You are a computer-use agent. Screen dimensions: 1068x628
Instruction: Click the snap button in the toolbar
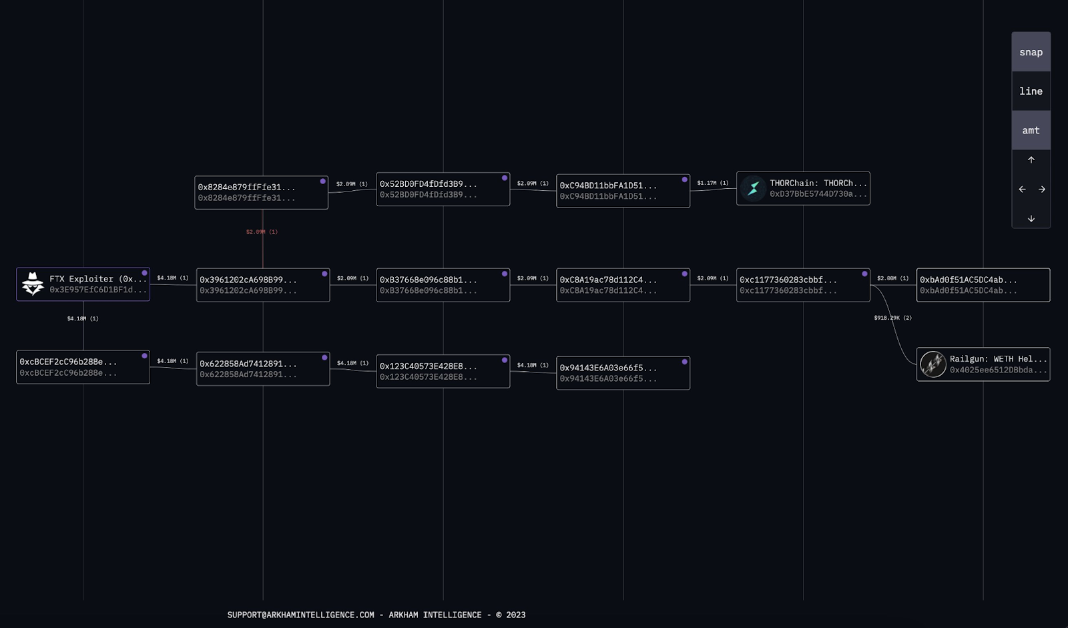pos(1031,52)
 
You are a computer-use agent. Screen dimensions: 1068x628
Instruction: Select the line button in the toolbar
pos(1031,91)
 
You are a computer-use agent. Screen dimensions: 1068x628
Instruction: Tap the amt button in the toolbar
pos(1031,130)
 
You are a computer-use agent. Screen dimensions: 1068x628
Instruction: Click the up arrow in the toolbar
pos(1031,160)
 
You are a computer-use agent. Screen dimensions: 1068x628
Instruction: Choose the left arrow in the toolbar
pos(1022,190)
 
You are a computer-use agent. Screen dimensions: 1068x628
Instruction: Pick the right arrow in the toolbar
pos(1041,190)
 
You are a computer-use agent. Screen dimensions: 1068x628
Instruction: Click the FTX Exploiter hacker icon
pos(33,284)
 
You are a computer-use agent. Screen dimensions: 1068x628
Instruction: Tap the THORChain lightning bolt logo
pos(753,188)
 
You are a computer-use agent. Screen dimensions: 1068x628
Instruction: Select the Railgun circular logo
pos(932,364)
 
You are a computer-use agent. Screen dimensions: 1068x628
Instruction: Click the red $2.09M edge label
pos(262,232)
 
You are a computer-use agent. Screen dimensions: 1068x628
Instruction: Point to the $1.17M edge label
pos(712,183)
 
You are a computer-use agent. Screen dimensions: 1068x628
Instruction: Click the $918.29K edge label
pos(892,318)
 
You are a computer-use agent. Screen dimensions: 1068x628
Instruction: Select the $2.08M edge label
pos(892,278)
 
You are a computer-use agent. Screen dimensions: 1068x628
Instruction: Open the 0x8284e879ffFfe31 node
pos(261,192)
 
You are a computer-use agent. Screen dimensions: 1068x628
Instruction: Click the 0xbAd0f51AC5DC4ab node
pos(983,285)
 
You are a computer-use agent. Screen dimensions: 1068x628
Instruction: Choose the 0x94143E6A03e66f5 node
pos(623,373)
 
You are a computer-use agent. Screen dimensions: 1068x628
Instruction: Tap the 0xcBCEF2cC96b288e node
pos(83,367)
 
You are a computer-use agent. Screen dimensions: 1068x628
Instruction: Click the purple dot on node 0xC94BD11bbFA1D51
pos(684,180)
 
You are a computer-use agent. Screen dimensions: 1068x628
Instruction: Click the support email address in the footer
pos(300,615)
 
